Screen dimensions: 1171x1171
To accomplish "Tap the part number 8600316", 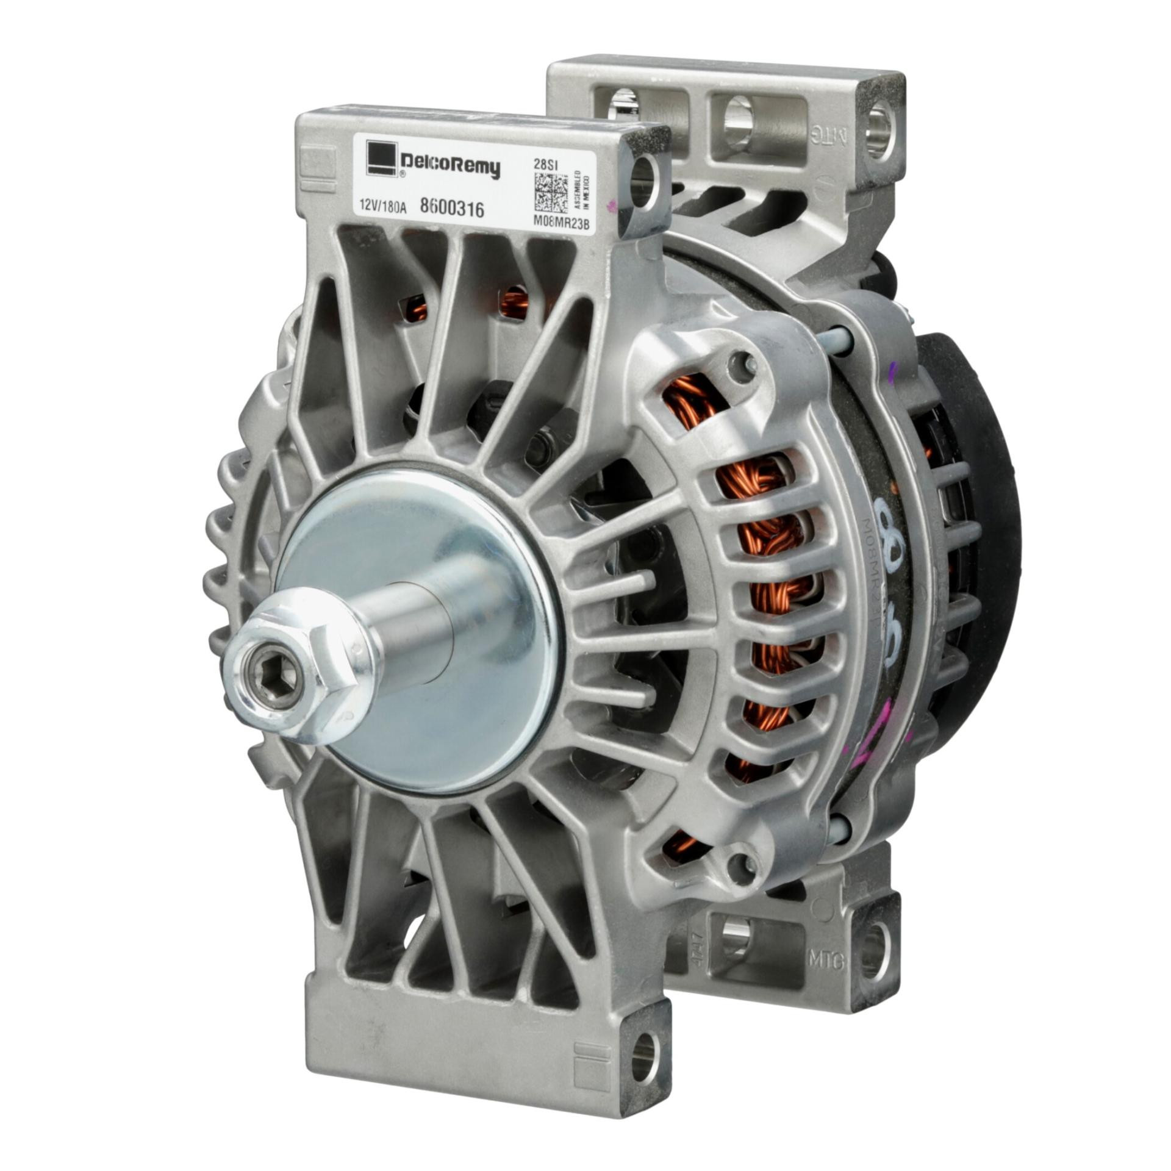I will point(452,210).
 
